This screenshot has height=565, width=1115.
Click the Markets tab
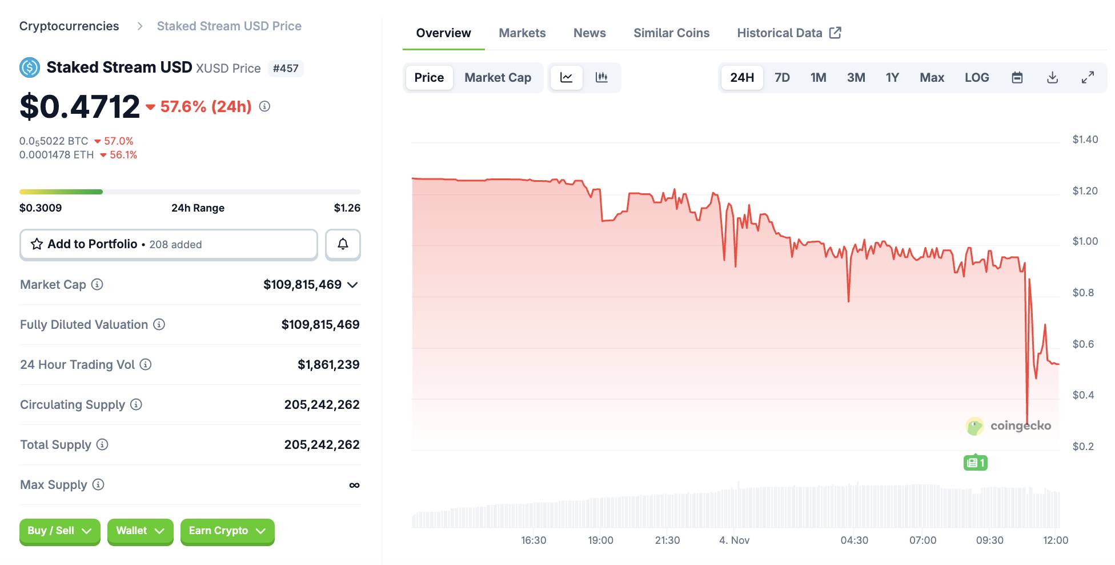(x=522, y=33)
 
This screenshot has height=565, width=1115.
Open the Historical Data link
(x=788, y=33)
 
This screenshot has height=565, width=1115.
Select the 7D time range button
(x=782, y=78)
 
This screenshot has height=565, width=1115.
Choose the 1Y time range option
(x=892, y=78)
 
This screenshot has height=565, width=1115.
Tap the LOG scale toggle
(x=977, y=78)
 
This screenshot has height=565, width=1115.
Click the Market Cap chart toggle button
(x=498, y=78)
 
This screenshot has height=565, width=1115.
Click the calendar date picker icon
(x=1017, y=78)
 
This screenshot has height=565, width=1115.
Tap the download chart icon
(x=1052, y=78)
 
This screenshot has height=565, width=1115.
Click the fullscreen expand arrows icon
(x=1088, y=78)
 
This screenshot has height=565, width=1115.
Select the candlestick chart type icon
(x=601, y=78)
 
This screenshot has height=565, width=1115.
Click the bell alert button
(x=343, y=244)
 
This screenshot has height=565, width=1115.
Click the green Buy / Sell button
(x=59, y=531)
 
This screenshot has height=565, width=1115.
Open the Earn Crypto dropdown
(x=227, y=531)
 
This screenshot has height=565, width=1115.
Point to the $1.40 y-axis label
(x=1085, y=140)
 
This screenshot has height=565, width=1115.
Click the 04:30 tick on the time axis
(x=854, y=540)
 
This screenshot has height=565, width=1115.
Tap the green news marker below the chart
(x=975, y=463)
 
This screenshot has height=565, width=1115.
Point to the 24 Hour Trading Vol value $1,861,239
(x=328, y=365)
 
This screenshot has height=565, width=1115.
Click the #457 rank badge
(x=286, y=69)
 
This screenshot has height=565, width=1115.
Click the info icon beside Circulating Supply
(x=136, y=405)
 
